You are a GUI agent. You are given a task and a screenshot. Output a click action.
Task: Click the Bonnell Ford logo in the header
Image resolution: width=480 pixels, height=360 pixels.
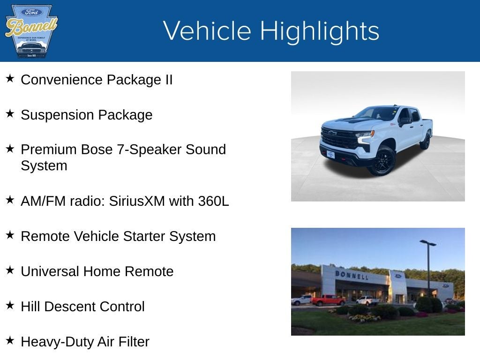click(31, 31)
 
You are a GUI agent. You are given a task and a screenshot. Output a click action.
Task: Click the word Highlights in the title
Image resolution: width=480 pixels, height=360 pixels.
click(319, 31)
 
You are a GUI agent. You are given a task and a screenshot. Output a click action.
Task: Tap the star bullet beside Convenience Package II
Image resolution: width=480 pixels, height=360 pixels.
click(10, 78)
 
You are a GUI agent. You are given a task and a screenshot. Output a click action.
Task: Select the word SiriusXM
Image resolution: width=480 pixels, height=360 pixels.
click(137, 201)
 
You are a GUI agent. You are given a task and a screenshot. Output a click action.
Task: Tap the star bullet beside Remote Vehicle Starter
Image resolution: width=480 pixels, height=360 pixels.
click(10, 235)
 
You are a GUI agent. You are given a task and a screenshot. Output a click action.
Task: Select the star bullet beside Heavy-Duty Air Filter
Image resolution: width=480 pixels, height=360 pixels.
click(10, 340)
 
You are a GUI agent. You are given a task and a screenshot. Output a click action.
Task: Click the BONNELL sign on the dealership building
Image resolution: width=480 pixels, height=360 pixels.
click(351, 275)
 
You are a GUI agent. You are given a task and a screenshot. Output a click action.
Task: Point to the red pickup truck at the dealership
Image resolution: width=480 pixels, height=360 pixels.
click(328, 300)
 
